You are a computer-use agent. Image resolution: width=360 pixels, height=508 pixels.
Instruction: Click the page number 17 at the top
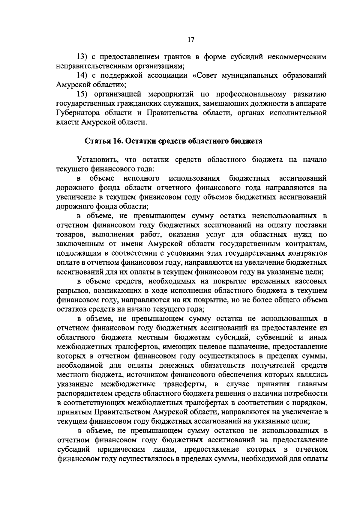coord(191,40)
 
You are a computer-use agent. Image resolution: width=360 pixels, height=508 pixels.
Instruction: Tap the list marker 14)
coord(82,76)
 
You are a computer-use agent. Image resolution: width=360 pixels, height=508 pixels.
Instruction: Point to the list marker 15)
coord(82,94)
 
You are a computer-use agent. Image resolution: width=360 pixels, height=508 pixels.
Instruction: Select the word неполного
coord(141,179)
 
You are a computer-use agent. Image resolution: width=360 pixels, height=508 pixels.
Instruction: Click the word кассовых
coord(310,281)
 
